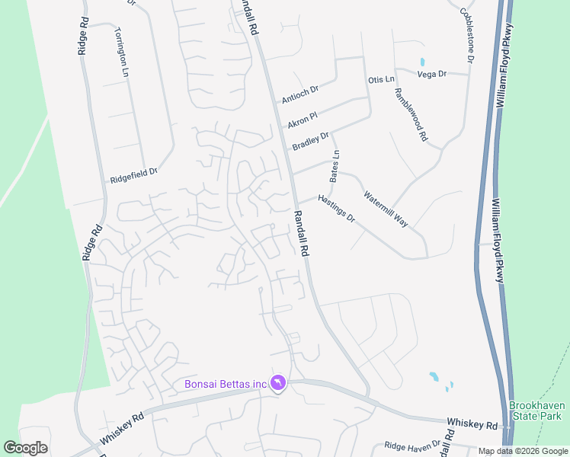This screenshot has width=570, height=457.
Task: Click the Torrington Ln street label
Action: point(122,52)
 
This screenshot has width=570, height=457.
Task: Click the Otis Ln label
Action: point(381,79)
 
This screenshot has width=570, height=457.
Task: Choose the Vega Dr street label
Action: point(432,74)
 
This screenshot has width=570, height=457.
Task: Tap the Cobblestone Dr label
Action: point(467,35)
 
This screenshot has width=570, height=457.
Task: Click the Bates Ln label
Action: point(334,166)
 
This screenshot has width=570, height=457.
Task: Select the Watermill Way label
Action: point(386,209)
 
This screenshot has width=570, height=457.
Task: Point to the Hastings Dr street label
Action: point(336,206)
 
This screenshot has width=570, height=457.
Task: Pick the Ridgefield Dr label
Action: point(133,176)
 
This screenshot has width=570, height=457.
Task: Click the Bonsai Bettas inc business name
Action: point(226,384)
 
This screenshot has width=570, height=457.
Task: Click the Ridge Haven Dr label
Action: point(412,445)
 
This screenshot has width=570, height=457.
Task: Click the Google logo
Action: point(25,448)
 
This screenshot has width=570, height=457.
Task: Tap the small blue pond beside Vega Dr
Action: point(421,62)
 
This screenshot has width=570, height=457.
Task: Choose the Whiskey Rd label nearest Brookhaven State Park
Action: point(472,423)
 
